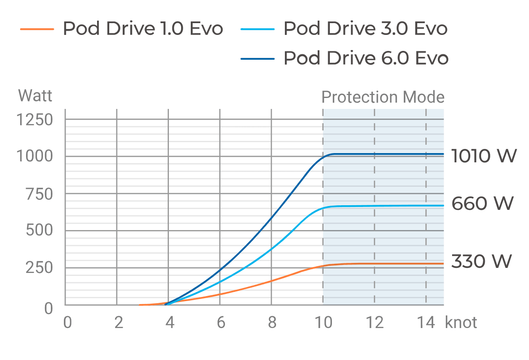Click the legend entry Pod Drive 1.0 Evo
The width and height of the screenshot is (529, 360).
click(143, 29)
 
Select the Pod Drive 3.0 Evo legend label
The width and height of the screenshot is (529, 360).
click(366, 29)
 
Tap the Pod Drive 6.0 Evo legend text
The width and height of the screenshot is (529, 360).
click(366, 58)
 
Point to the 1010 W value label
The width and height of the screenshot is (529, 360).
click(484, 156)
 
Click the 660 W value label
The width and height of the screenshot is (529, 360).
click(482, 204)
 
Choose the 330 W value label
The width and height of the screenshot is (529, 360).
click(482, 261)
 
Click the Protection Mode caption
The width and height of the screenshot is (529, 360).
click(383, 97)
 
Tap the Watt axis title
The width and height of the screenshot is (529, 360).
click(35, 96)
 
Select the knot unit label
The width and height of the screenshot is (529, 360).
click(461, 323)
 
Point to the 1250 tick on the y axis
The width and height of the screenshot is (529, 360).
click(34, 120)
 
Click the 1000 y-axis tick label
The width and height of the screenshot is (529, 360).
click(34, 156)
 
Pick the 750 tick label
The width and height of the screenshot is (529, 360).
click(39, 194)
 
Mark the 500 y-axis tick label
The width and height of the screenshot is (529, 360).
click(39, 230)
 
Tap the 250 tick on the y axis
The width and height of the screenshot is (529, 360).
click(39, 267)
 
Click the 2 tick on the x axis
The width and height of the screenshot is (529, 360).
click(118, 323)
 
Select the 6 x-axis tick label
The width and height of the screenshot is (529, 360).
click(221, 323)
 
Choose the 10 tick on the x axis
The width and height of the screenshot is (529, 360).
click(324, 323)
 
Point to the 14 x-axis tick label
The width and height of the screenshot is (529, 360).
click(426, 323)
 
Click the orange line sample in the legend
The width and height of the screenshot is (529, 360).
click(37, 29)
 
